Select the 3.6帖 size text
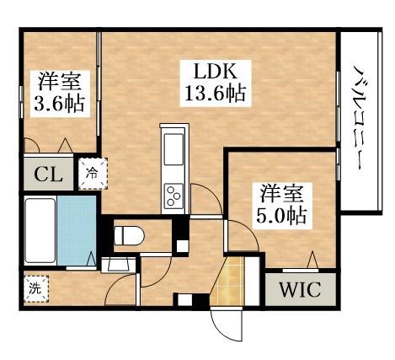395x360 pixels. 56,105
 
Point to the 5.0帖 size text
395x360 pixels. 281,214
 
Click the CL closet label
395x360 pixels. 46,175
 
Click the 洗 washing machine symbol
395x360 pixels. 35,287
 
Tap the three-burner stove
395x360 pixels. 174,196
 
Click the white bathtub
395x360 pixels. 39,230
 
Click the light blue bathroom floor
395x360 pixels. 77,229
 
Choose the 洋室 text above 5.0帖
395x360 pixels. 281,193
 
